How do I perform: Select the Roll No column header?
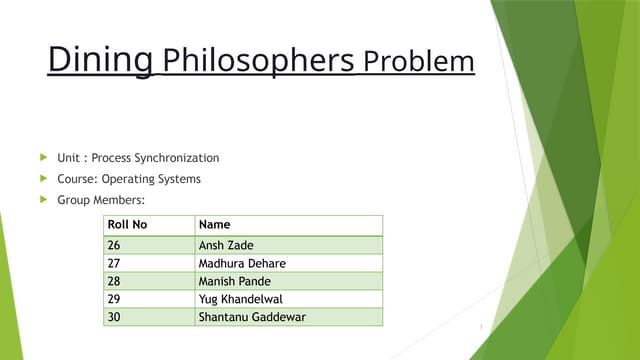pos(127,225)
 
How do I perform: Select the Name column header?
pos(215,225)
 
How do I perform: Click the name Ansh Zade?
pos(227,245)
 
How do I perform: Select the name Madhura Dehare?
pos(242,263)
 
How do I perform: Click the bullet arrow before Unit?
pos(43,157)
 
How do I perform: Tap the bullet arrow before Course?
pos(43,179)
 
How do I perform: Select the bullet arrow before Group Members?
pos(43,201)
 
